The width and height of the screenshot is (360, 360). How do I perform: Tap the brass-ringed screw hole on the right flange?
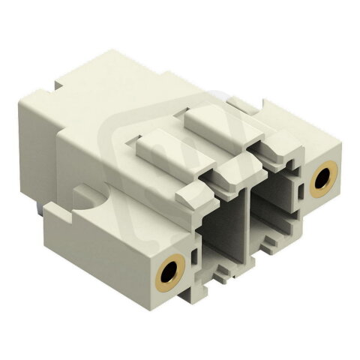324,178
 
